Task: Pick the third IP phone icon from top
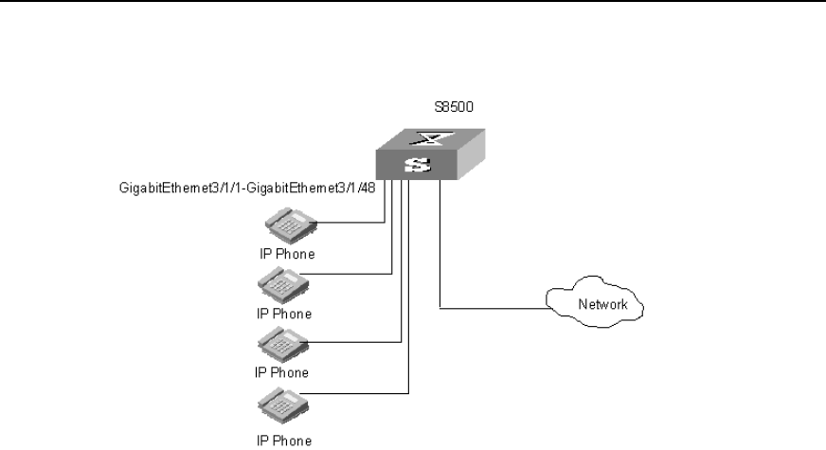coord(280,344)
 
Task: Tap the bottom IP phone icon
coord(280,406)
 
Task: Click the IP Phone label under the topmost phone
coord(287,254)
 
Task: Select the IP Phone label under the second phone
coord(284,313)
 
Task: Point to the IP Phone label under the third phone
coord(282,372)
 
